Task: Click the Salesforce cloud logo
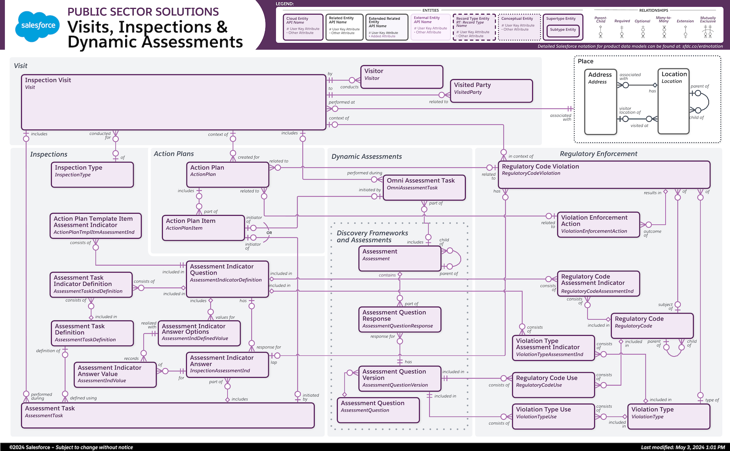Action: coord(38,26)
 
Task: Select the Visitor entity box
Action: coord(401,77)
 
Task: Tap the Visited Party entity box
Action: coord(491,91)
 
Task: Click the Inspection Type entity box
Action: coord(92,175)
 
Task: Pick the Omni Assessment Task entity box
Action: coord(424,187)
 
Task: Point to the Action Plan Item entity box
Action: coord(203,228)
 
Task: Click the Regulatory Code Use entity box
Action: coord(553,385)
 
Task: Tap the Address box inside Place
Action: coord(600,102)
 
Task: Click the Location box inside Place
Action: coord(673,102)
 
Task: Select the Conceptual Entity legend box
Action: coord(519,27)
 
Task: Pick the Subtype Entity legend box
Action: coord(563,30)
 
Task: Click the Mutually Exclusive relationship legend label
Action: coord(708,20)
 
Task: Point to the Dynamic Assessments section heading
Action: coord(366,156)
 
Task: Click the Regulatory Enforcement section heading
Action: coord(599,154)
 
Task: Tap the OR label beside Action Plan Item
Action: coord(269,233)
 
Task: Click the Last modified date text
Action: coord(683,447)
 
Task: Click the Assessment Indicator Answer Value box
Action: coord(115,374)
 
